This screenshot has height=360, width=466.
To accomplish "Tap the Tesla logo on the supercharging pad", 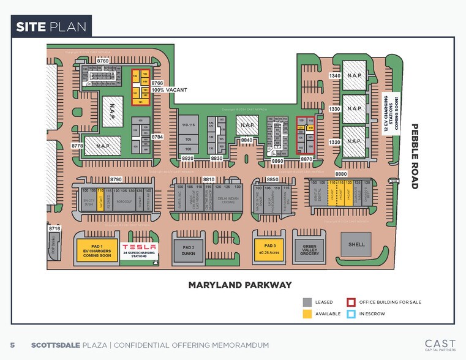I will coord(138,247).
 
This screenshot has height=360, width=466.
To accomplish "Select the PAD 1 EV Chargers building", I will coord(97,247).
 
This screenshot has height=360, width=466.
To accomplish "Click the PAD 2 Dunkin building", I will coord(188,247).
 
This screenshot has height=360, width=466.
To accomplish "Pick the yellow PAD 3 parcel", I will coord(270,247).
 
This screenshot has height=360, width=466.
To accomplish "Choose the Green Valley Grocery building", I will coord(310,247).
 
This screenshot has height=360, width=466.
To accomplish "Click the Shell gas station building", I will coord(356,244).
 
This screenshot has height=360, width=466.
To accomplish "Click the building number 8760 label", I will coord(103,61).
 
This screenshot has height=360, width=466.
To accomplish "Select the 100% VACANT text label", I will coord(170,90).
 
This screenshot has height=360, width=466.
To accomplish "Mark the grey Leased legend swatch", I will coord(307,302).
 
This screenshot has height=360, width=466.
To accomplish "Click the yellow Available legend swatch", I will coord(307,314).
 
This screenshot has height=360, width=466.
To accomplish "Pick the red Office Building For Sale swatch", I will coord(351,302).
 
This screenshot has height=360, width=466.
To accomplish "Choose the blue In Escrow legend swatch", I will coord(351,314).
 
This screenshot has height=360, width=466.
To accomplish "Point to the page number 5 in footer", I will coord(12,345).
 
